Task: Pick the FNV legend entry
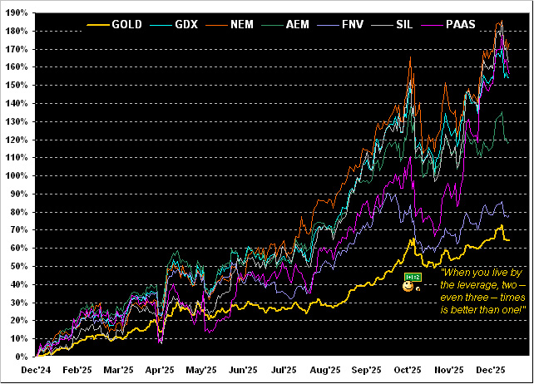pyautogui.click(x=356, y=25)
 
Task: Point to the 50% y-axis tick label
pyautogui.click(x=17, y=267)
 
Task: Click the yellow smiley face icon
pyautogui.click(x=408, y=287)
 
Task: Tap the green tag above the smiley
pyautogui.click(x=411, y=276)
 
